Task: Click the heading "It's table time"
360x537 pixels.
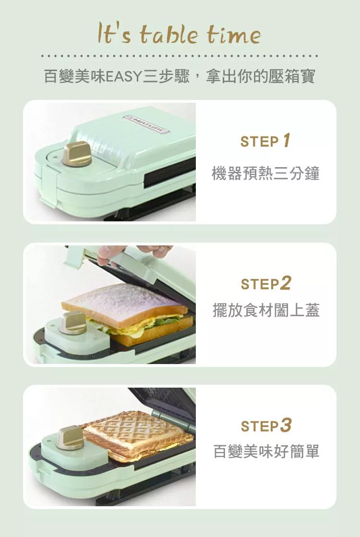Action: click(179, 34)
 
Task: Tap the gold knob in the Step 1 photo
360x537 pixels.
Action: click(77, 154)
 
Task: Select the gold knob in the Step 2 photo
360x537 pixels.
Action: click(73, 323)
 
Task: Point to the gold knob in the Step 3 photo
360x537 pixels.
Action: click(70, 438)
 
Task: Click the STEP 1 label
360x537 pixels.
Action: click(265, 141)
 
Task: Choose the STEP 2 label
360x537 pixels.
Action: click(266, 283)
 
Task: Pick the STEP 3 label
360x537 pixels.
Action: click(266, 426)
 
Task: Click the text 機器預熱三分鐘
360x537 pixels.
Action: click(265, 173)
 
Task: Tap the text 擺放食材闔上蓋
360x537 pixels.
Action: click(266, 310)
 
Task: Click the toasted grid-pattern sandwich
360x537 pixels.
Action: click(139, 433)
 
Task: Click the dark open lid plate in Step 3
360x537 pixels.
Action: click(164, 403)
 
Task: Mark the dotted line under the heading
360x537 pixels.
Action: click(180, 56)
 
